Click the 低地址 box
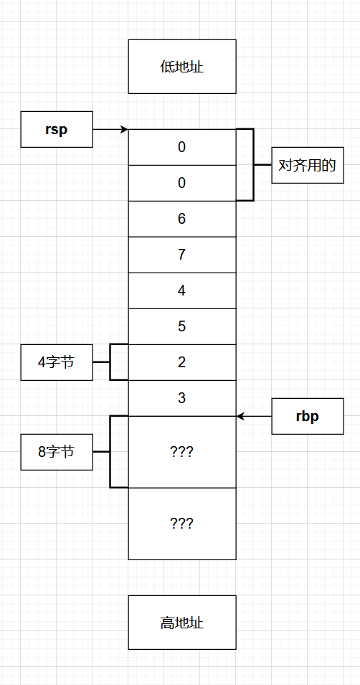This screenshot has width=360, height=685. (182, 67)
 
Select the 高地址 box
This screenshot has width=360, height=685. (182, 622)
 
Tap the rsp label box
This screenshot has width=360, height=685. (57, 129)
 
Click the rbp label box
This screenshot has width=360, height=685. (307, 416)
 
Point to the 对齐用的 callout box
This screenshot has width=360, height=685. (307, 165)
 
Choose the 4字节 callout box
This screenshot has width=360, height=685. (57, 362)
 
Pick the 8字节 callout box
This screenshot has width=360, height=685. (57, 452)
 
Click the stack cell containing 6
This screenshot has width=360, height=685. (182, 219)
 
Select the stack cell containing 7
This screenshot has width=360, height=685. (182, 255)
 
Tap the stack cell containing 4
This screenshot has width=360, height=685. (182, 290)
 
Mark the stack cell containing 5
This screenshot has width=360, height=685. (182, 326)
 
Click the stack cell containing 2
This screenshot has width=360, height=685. (182, 362)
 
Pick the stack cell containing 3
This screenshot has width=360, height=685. (182, 398)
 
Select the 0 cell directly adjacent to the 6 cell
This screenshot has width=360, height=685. (182, 183)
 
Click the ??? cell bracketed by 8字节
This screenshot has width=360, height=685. (182, 452)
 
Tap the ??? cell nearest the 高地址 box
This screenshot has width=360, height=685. (182, 524)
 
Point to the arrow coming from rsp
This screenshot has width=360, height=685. (110, 129)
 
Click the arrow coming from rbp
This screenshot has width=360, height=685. (254, 416)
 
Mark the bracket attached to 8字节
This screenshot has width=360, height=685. (111, 452)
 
